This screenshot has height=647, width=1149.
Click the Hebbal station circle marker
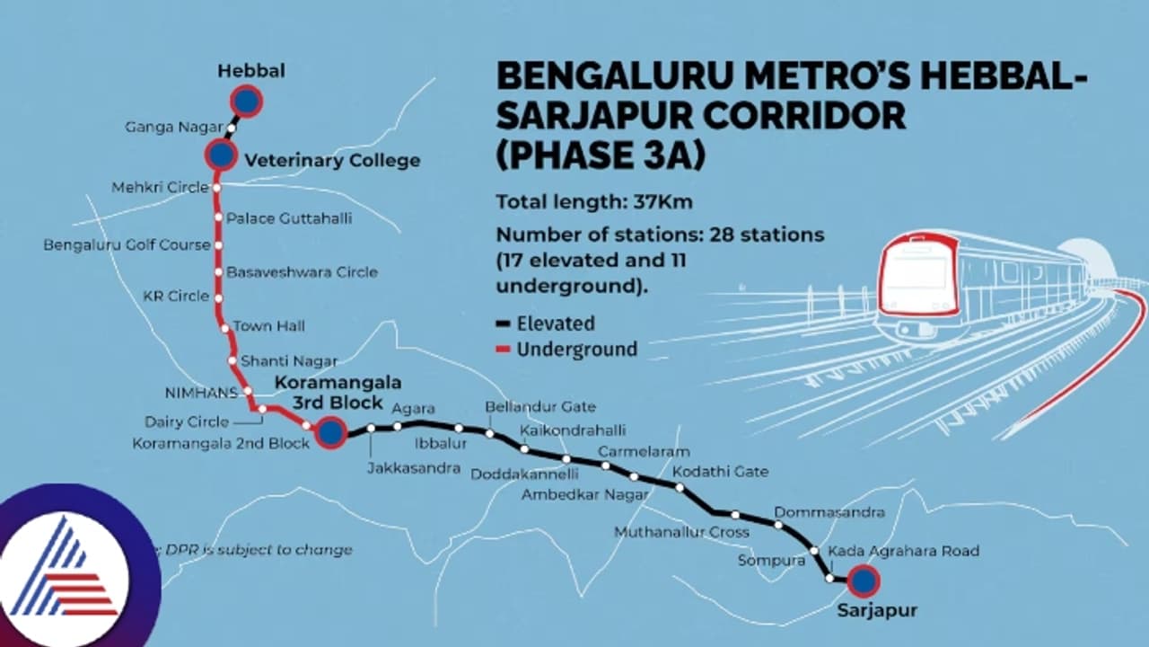click(x=245, y=102)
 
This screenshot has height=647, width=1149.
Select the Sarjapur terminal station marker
click(x=864, y=581)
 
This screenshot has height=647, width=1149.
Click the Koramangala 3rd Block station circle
click(x=331, y=433)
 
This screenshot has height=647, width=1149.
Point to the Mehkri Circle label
click(x=161, y=188)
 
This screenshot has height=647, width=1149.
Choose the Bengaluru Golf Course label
click(x=127, y=244)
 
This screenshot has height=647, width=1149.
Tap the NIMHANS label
click(x=202, y=393)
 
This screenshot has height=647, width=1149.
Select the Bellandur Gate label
click(x=540, y=407)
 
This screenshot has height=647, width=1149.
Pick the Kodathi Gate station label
click(x=720, y=471)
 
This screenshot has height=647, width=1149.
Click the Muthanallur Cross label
click(x=681, y=532)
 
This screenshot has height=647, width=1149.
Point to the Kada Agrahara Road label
click(x=903, y=550)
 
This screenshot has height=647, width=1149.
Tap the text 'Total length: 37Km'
click(x=594, y=201)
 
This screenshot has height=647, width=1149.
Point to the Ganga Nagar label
click(x=173, y=129)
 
